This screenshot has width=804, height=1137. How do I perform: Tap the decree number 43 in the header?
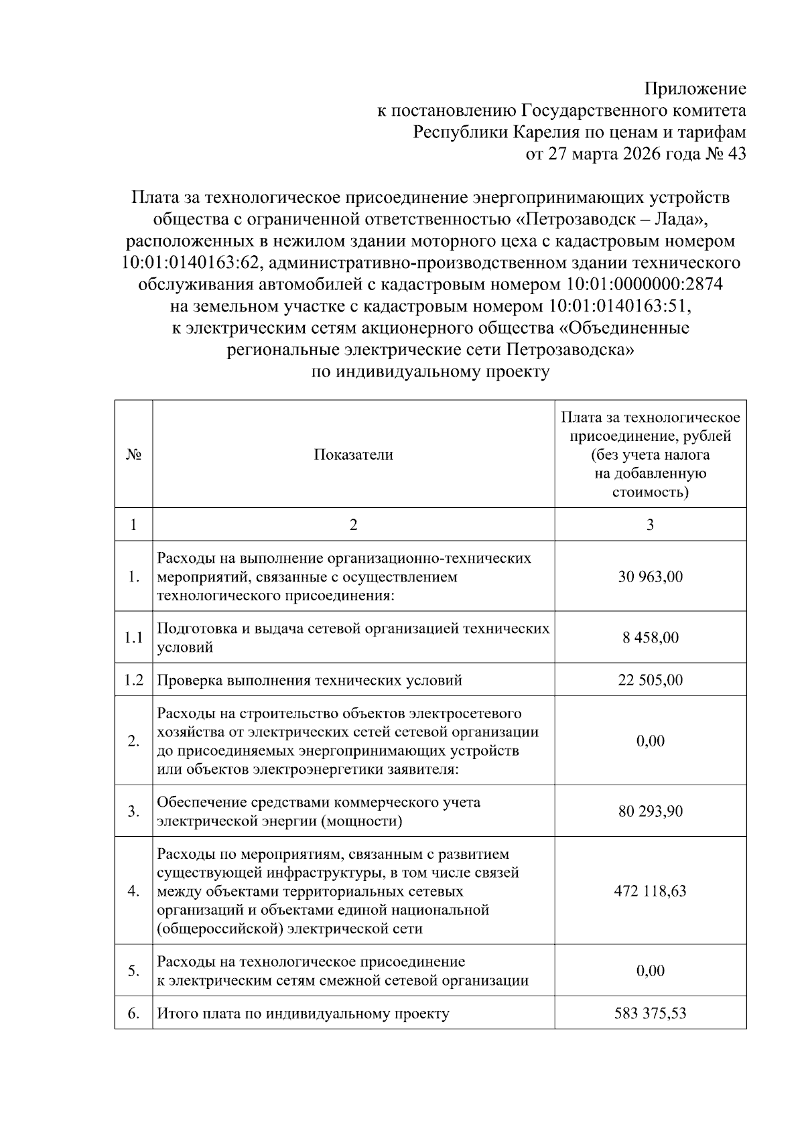pos(736,154)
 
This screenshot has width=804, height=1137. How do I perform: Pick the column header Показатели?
pos(353,455)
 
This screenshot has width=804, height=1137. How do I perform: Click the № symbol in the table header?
pos(133,455)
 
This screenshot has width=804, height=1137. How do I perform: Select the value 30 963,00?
pos(650,577)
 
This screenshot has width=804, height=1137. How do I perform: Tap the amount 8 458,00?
pos(650,637)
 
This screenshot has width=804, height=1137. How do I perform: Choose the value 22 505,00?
pos(650,681)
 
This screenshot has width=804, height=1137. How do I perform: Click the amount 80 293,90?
pos(650,811)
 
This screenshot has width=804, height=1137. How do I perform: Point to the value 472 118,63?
pos(650,891)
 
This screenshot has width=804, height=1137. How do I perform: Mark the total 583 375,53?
pos(650,1014)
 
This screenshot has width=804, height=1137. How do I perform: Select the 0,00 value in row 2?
pos(650,741)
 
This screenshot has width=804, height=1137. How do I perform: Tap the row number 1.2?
pos(133,681)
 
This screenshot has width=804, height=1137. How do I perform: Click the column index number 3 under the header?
pos(650,525)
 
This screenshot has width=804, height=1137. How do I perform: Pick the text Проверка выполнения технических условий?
pos(310,681)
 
